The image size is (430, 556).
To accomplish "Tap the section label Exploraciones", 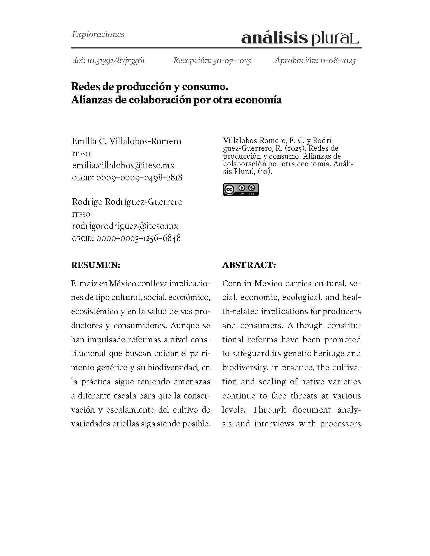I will click(x=98, y=34).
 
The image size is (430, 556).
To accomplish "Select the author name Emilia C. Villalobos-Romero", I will click(x=126, y=141).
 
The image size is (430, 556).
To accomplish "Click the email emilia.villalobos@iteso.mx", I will click(x=123, y=165).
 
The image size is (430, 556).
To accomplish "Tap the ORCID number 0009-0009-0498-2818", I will click(x=139, y=177).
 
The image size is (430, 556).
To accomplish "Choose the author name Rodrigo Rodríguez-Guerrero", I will click(x=127, y=202).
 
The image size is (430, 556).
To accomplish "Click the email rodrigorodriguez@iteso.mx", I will click(x=125, y=226).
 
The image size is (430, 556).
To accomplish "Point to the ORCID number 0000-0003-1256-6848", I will click(x=139, y=238).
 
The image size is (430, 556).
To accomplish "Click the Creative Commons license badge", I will click(x=241, y=190).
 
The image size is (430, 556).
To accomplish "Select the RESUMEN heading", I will click(x=96, y=265).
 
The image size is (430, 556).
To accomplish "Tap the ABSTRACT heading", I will click(x=249, y=265).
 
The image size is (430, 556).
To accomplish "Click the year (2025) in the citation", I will click(x=295, y=148).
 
